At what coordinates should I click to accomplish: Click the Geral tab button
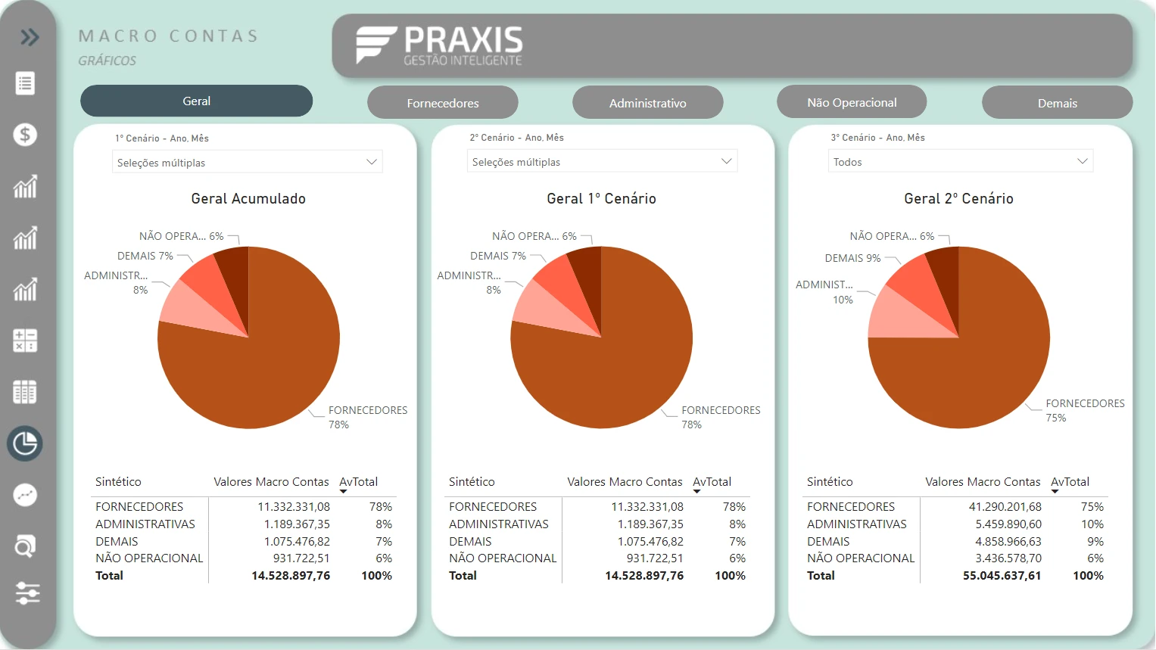(196, 101)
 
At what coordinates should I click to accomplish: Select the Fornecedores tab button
(443, 103)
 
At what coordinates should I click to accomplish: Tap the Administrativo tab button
(647, 103)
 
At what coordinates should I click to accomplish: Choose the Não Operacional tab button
(852, 102)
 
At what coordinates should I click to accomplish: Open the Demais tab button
(1057, 103)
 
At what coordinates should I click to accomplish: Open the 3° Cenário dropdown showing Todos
(960, 162)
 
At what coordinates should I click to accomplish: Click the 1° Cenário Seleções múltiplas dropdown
(247, 163)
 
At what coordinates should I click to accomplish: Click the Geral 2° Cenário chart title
(958, 198)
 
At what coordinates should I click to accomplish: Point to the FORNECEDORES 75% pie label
(1084, 410)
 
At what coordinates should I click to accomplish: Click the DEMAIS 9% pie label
(852, 258)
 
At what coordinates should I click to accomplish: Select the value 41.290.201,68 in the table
(1005, 507)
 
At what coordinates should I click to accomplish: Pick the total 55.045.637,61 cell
(1002, 576)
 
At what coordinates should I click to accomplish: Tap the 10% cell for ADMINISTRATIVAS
(1092, 524)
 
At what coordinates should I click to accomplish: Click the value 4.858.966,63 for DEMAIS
(1008, 542)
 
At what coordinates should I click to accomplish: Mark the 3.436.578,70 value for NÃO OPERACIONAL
(1008, 558)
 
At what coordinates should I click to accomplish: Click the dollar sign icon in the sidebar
(25, 135)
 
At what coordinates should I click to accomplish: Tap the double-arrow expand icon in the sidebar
(30, 37)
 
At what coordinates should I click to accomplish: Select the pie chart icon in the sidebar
(25, 443)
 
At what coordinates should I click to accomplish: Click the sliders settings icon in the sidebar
(26, 593)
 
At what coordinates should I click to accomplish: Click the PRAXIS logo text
(463, 40)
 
